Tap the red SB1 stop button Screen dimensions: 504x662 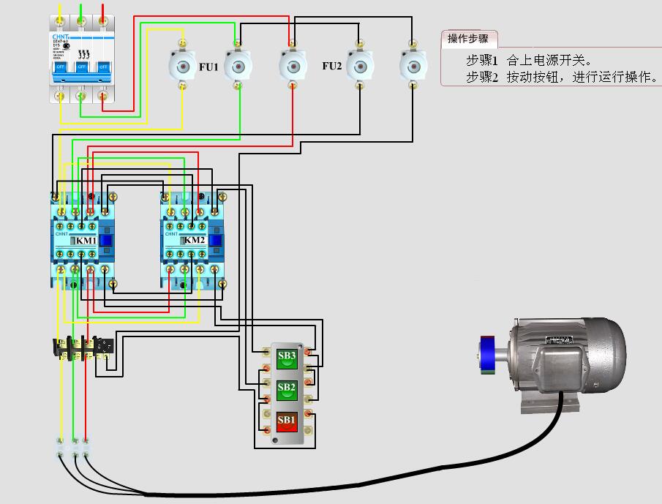coord(287,422)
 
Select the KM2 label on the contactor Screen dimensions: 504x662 coord(194,240)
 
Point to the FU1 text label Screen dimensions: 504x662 coord(208,67)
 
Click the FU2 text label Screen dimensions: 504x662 coord(332,66)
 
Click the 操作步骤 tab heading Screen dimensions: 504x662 coord(468,39)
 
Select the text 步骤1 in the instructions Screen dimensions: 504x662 coord(481,60)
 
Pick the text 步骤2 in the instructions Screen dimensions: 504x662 coord(481,77)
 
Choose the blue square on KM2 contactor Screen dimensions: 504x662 coord(215,241)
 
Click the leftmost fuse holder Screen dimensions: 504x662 coord(181,66)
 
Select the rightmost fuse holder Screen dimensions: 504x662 coord(413,66)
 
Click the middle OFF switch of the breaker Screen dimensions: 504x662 coord(82,67)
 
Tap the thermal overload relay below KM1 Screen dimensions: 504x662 coord(82,348)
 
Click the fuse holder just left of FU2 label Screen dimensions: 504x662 coord(293,66)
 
